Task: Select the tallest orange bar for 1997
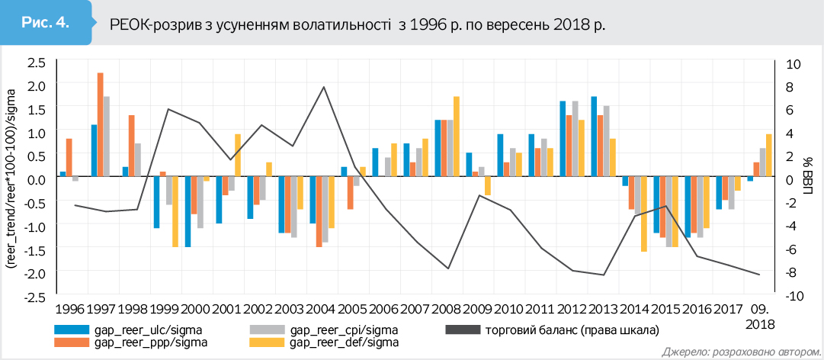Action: click(x=100, y=124)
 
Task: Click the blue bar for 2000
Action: click(x=188, y=211)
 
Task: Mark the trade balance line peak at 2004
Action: click(x=324, y=87)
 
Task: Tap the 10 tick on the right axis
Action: click(x=793, y=62)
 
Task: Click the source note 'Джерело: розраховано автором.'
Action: click(x=737, y=352)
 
